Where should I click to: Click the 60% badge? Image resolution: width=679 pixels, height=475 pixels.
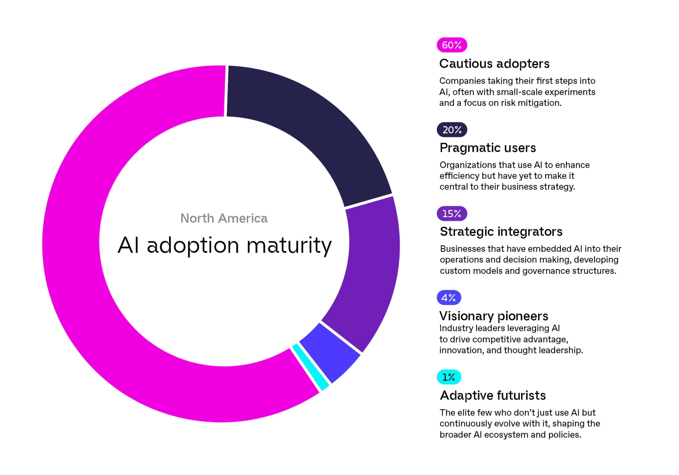[451, 45]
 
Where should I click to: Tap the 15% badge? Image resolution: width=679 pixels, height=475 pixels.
[451, 213]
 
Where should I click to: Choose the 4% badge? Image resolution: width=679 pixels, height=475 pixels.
[449, 297]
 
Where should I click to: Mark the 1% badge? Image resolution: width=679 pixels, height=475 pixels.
[449, 377]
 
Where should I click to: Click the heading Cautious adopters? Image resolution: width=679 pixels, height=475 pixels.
[494, 64]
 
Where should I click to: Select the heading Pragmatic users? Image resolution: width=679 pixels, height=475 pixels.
[487, 148]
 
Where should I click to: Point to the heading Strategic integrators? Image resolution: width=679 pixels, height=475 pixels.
[501, 231]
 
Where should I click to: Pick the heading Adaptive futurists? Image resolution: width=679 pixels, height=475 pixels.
[493, 395]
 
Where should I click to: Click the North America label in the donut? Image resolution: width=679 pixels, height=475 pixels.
[224, 218]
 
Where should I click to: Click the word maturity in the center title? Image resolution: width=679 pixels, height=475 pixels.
[289, 245]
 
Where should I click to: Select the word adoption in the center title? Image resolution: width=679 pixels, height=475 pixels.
[193, 245]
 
